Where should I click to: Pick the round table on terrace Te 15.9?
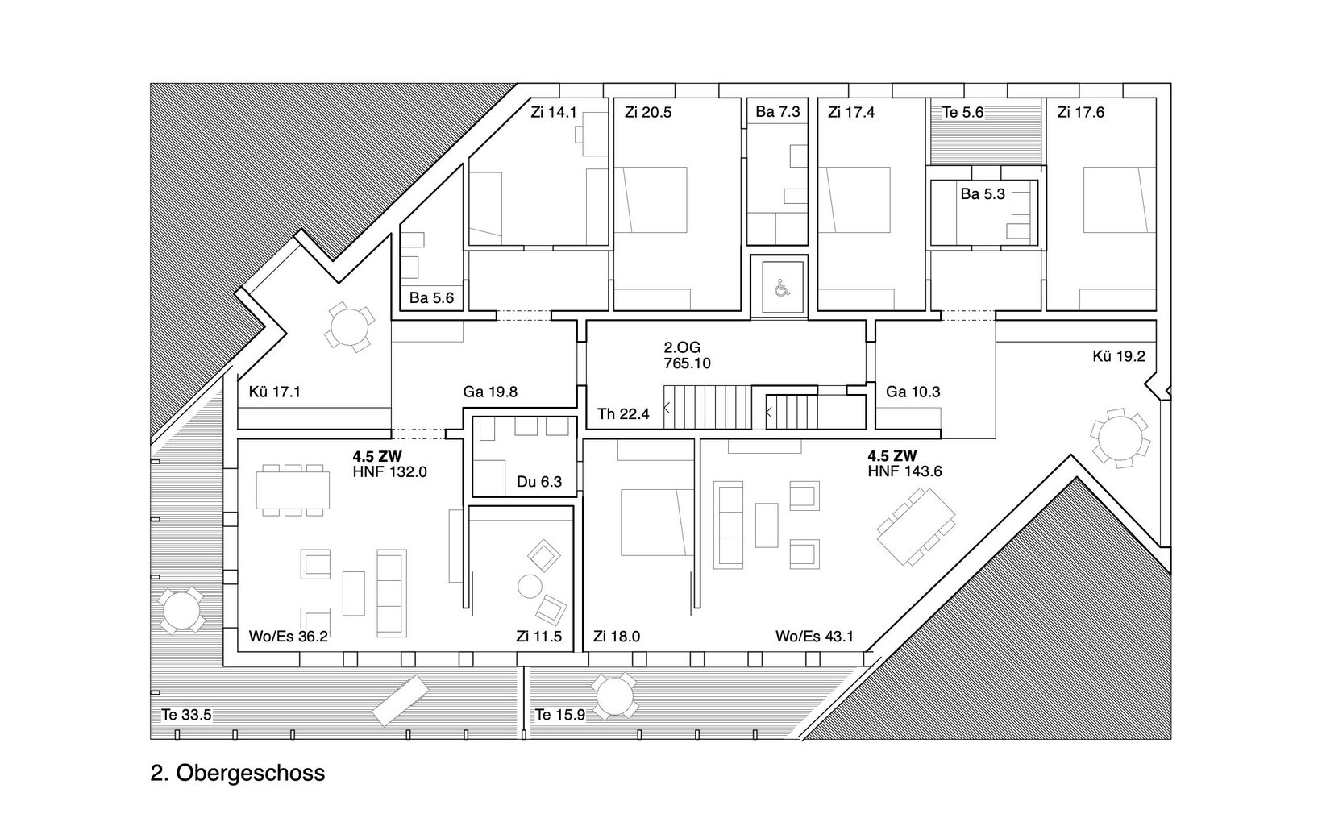click(614, 695)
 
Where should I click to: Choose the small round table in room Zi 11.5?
click(530, 587)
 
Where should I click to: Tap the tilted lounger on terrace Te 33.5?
click(400, 700)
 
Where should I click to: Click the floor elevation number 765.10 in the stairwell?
click(687, 363)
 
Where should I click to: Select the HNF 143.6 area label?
click(904, 471)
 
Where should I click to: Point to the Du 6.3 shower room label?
click(539, 482)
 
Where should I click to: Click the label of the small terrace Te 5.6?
click(962, 112)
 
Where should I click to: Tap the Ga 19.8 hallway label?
click(490, 392)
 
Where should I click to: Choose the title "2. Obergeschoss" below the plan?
click(238, 772)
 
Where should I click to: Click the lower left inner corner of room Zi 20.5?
click(615, 309)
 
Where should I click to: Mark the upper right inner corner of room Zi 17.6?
click(1155, 98)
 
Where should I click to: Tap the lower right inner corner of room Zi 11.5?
click(572, 651)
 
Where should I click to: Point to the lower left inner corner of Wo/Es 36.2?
click(239, 651)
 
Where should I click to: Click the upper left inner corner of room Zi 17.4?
click(818, 98)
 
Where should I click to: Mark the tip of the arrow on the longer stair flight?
click(664, 407)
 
